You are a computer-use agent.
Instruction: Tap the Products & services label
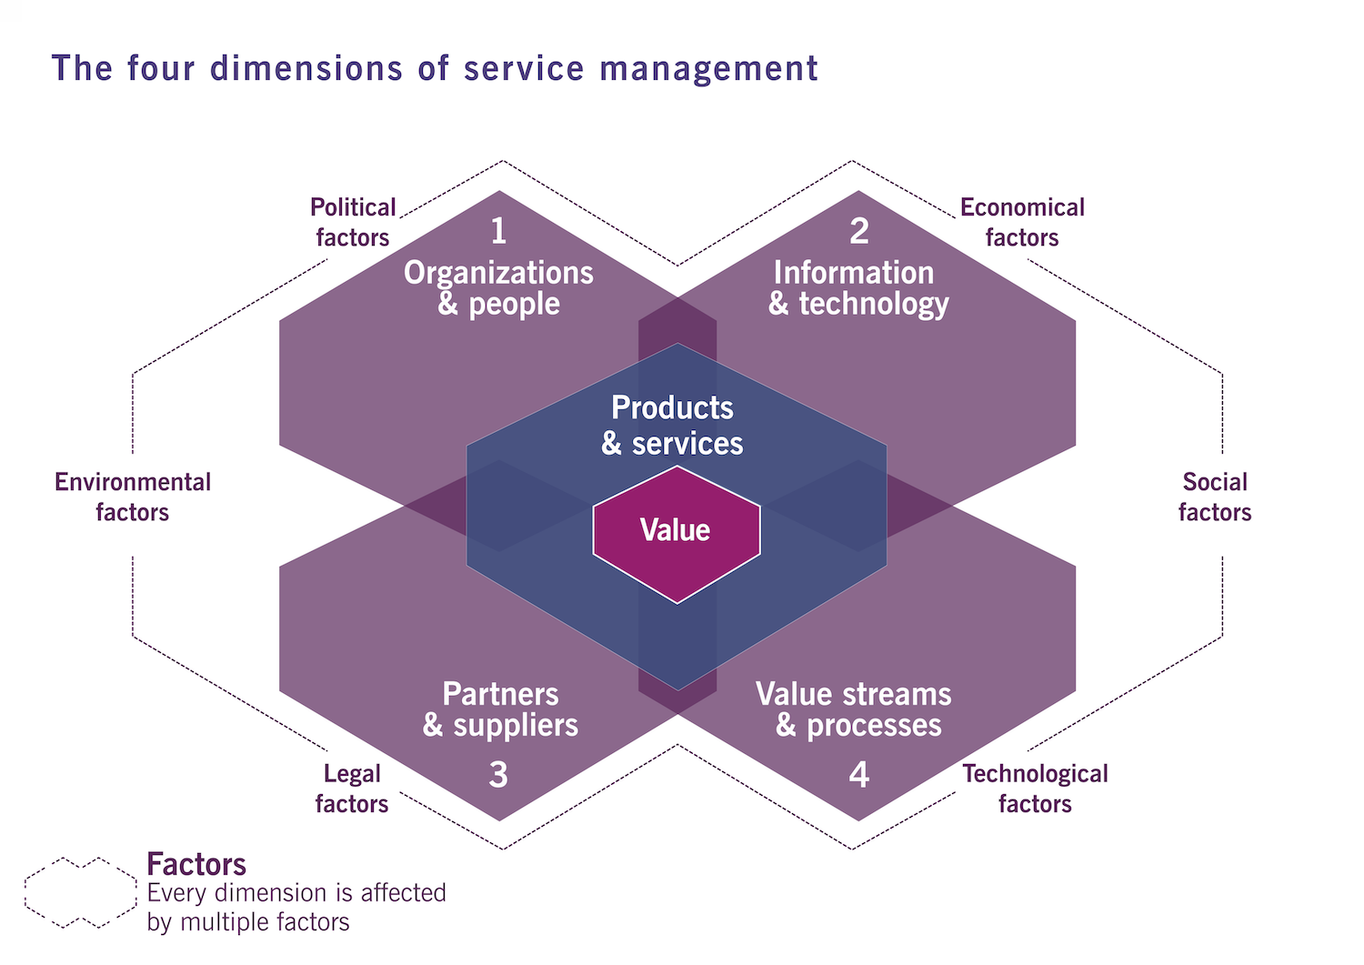[672, 425]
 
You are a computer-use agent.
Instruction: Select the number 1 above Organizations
[498, 231]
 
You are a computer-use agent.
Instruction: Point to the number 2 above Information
[858, 231]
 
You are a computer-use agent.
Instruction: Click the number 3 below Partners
[498, 774]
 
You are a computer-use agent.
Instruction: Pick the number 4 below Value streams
[858, 774]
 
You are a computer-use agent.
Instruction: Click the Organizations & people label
[498, 287]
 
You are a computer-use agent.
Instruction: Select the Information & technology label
[858, 287]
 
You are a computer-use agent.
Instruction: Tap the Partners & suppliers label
[500, 709]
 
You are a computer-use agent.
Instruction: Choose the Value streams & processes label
[854, 709]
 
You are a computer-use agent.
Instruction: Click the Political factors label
[353, 222]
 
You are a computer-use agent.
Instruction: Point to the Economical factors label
[1022, 222]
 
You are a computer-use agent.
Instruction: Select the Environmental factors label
[133, 497]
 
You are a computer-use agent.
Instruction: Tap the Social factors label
[1215, 497]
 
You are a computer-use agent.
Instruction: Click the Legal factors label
[352, 789]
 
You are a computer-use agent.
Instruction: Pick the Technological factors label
[1035, 789]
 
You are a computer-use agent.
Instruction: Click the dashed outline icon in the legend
[80, 892]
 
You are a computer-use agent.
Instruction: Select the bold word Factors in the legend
[196, 863]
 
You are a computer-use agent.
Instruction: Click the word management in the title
[708, 68]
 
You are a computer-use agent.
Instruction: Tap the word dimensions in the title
[306, 68]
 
